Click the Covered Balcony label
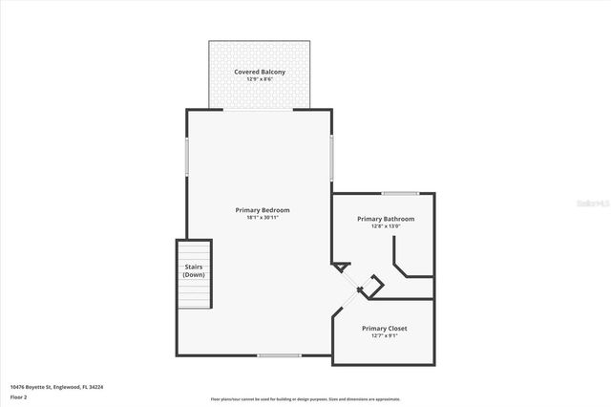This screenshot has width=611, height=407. (260, 72)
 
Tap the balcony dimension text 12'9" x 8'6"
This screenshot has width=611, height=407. (260, 80)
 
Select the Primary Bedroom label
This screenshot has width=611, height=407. (263, 209)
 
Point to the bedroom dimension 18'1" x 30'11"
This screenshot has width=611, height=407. (263, 218)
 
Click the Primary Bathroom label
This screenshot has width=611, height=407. (386, 219)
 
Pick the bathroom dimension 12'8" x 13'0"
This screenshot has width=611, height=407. (386, 226)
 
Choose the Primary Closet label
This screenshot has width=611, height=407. (385, 328)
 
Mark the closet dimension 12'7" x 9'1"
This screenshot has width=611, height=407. (385, 335)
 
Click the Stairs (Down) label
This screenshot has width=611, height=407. (194, 270)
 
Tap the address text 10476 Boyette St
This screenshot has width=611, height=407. (56, 387)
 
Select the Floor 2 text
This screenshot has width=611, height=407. (18, 396)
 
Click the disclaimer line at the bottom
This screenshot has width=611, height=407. (305, 399)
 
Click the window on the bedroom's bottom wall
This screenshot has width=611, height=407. (279, 355)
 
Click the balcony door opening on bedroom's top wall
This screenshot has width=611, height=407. (260, 110)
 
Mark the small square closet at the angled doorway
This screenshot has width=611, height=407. (375, 285)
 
